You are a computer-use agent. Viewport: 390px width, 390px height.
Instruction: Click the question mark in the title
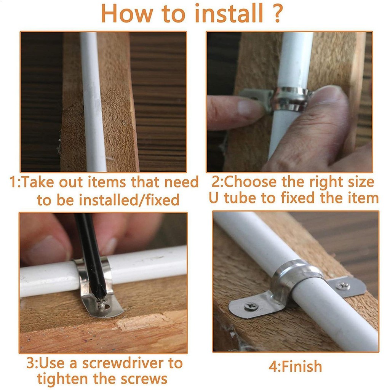[x=278, y=13]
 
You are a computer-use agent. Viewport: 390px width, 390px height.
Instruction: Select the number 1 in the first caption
[x=13, y=182]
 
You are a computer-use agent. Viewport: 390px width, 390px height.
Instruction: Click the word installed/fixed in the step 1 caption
[x=129, y=200]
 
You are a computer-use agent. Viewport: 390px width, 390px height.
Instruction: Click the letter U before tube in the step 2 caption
[x=214, y=198]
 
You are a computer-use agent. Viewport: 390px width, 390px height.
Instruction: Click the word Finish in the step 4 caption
[x=302, y=367]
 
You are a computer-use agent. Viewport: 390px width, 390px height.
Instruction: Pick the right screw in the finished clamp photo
[x=343, y=286]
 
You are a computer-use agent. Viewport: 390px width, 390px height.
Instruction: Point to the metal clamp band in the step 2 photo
[x=291, y=99]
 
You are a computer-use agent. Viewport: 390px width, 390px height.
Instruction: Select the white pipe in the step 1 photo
[x=93, y=102]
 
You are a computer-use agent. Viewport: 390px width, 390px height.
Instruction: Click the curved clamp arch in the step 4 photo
[x=296, y=276]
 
